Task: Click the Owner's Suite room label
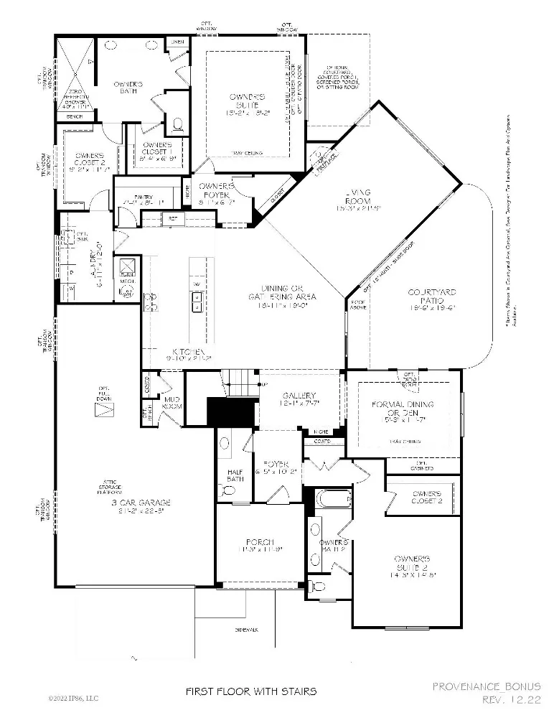(248, 101)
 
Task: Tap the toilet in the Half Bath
(230, 490)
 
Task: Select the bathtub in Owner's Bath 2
(332, 498)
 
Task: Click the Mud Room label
(170, 405)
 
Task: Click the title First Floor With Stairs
(250, 692)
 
